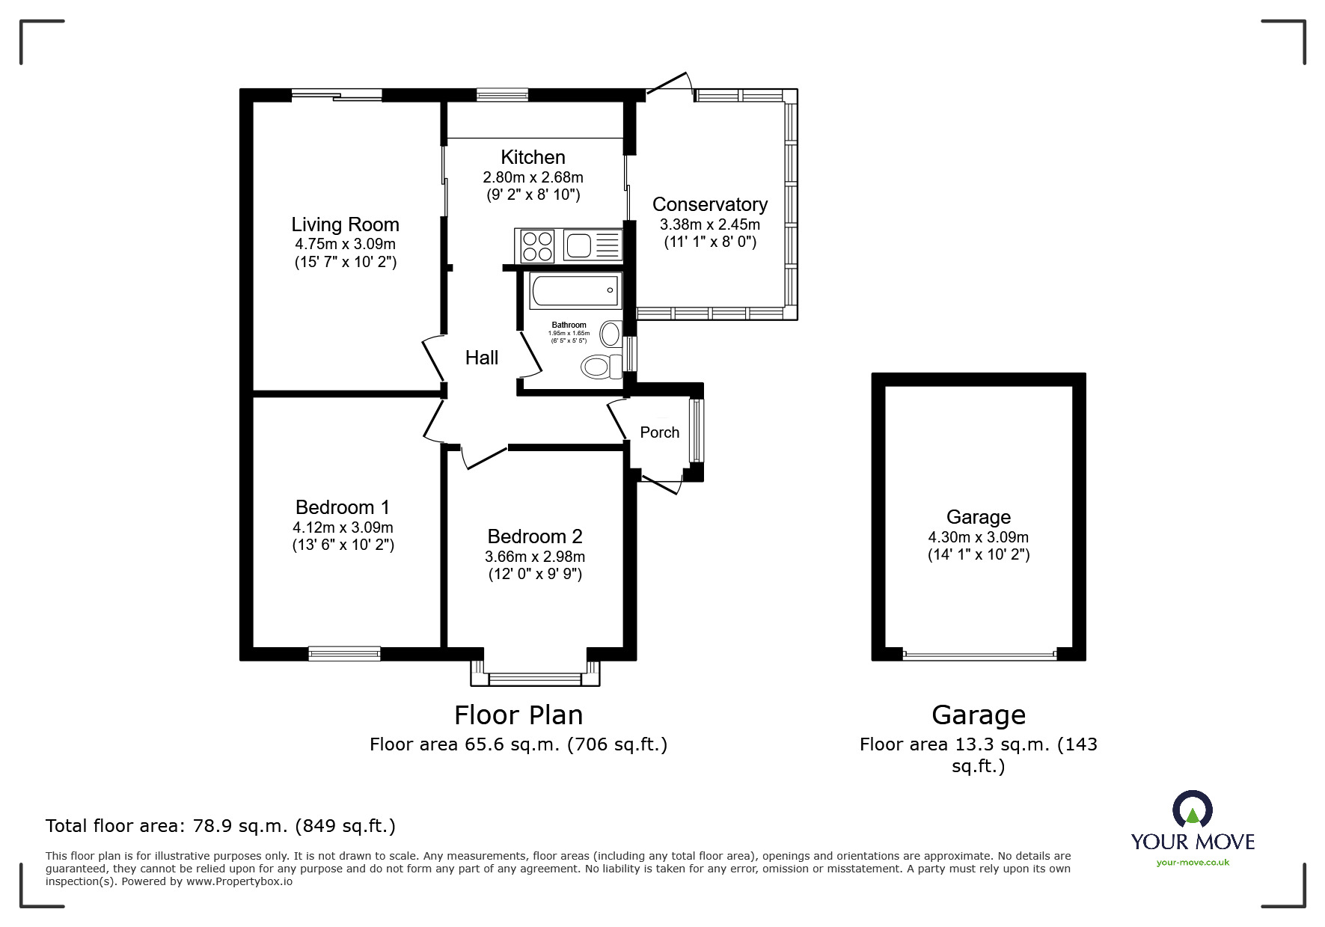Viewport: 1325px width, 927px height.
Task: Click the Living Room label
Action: tap(345, 224)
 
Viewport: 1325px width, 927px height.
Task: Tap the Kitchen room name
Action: tap(533, 157)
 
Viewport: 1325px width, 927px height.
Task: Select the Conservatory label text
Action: tap(710, 204)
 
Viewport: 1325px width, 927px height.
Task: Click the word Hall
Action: tap(482, 358)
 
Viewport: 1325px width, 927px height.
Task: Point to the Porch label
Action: tap(660, 432)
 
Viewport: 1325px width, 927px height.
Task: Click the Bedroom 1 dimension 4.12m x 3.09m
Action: tap(343, 527)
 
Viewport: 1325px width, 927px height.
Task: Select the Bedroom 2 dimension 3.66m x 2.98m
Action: tap(535, 557)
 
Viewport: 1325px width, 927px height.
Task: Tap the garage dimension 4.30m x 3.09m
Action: tap(979, 537)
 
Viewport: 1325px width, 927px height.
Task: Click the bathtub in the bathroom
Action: tap(575, 290)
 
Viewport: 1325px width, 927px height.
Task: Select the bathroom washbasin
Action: tap(611, 334)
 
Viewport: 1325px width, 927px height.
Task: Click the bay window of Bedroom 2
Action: tap(535, 674)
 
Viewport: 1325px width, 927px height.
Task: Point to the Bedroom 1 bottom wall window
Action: tap(344, 654)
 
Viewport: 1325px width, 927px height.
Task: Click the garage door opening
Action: tap(979, 655)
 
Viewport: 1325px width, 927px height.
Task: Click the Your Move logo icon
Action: tap(1192, 810)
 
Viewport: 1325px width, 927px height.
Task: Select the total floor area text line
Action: tap(221, 826)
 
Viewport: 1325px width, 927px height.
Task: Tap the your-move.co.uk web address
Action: tap(1193, 863)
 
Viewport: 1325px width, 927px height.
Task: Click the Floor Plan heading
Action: tap(518, 715)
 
